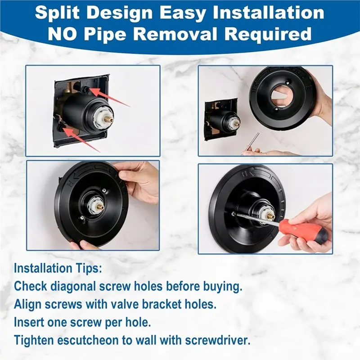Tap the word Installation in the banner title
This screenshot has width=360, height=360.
(268, 13)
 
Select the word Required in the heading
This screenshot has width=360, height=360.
(268, 35)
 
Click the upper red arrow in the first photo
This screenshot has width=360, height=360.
(109, 97)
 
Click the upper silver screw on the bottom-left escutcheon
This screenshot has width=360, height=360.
(104, 190)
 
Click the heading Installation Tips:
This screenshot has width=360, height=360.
(58, 268)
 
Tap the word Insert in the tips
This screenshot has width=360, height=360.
(29, 322)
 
